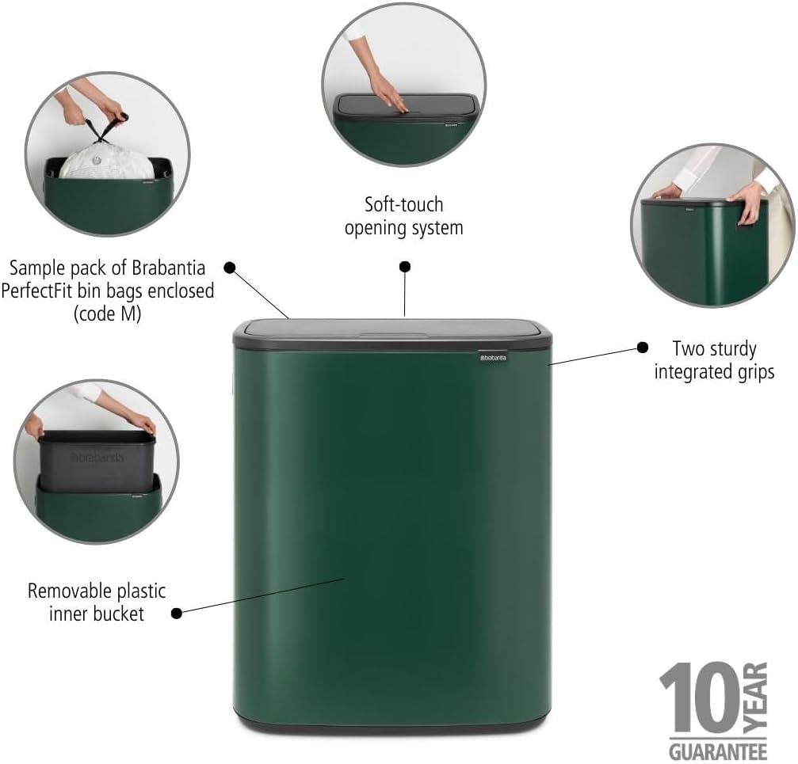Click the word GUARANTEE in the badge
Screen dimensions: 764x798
pos(719,749)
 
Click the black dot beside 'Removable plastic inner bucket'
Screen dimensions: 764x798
pos(177,612)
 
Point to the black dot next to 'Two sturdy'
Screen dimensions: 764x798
pos(643,348)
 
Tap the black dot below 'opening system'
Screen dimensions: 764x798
pos(405,267)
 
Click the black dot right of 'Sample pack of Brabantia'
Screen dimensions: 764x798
pos(230,268)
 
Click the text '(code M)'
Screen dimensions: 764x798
pos(107,314)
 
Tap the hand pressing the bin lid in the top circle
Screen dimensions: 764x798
pos(388,94)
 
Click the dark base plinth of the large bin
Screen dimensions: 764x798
pos(392,722)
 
